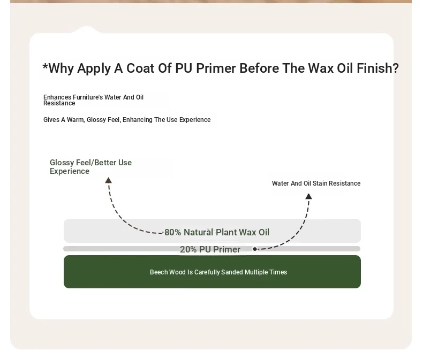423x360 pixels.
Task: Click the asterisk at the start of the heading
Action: coord(46,66)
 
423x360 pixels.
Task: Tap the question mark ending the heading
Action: coord(396,68)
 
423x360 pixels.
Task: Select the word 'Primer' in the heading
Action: coord(216,68)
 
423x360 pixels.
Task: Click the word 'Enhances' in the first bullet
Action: coord(57,97)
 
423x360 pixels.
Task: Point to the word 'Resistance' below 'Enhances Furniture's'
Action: coord(59,103)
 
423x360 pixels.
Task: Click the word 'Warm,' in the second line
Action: coord(76,120)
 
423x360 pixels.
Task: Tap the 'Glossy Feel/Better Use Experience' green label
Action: coord(90,167)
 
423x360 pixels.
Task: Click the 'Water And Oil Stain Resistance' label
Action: coord(316,183)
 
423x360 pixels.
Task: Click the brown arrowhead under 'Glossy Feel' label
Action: coord(109,180)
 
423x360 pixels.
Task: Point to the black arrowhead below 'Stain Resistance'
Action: coord(308,196)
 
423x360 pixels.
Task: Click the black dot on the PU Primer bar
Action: coord(255,249)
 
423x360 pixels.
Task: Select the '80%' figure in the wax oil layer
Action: coord(172,232)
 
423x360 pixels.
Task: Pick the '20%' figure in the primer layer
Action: coord(188,249)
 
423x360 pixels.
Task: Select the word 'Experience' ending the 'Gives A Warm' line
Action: coord(195,120)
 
